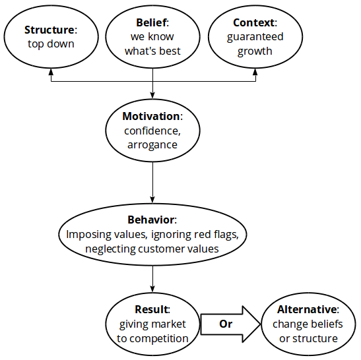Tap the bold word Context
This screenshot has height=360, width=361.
[253, 23]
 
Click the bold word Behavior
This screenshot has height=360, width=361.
[151, 220]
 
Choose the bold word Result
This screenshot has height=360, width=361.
[152, 309]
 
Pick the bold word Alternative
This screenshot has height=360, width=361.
[307, 309]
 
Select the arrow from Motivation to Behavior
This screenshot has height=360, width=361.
[152, 181]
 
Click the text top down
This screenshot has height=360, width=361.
[51, 44]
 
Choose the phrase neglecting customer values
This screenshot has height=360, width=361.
[152, 249]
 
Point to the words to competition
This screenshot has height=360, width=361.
[153, 338]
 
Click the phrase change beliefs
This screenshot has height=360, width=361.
[305, 324]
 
